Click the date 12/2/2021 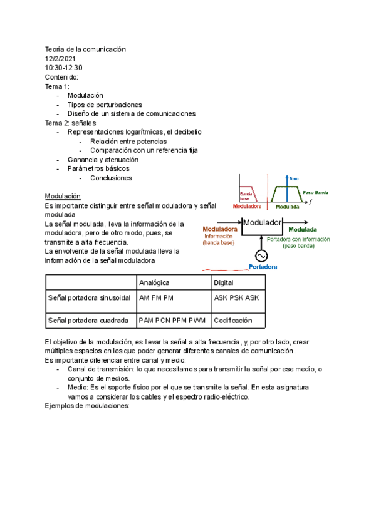[x=60, y=58]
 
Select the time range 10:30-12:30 [x=64, y=68]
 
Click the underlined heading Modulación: [x=64, y=196]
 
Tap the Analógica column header [x=154, y=282]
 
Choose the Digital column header [x=224, y=282]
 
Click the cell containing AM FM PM [x=156, y=297]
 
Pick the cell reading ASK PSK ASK [x=236, y=297]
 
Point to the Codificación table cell [x=232, y=320]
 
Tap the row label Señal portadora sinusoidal [x=89, y=297]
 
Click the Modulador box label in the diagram [x=263, y=222]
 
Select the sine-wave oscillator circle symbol [x=259, y=255]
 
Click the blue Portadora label [x=263, y=267]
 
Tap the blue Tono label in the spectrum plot [x=294, y=178]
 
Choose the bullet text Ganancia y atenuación [x=103, y=160]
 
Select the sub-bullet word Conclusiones [x=111, y=178]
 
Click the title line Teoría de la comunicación [x=86, y=49]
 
